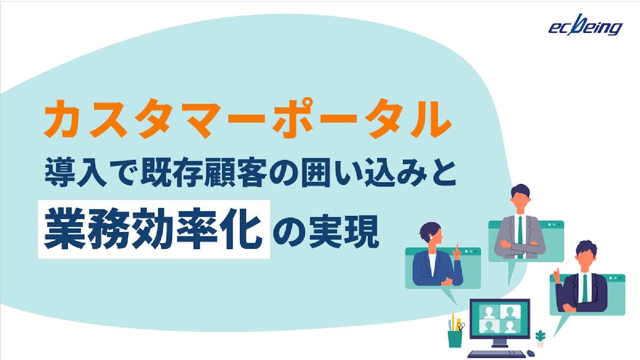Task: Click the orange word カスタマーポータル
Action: coord(247,119)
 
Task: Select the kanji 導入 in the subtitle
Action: coord(76,173)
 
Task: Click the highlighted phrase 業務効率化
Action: coord(154,230)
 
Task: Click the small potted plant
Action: coord(540,338)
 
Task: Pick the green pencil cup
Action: coord(455,338)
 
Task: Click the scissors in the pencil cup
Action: coord(461,326)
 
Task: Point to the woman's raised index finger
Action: coord(456,248)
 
